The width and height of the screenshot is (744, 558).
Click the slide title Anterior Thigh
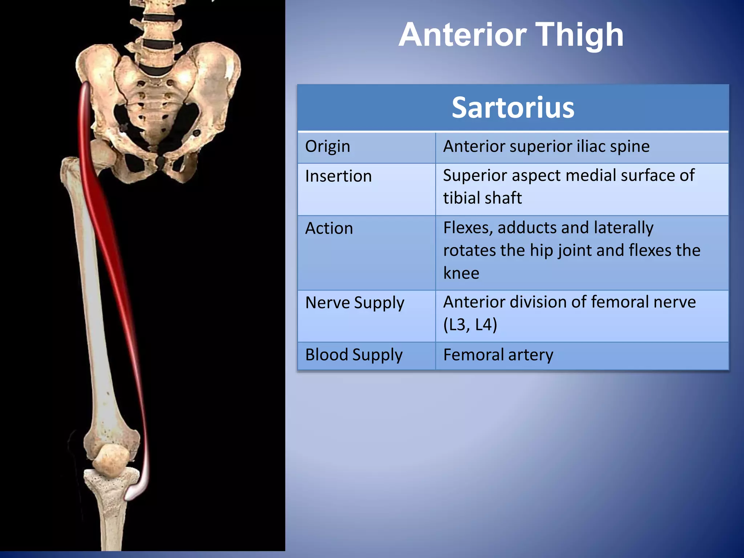[x=511, y=35]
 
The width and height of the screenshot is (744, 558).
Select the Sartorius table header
[x=513, y=108]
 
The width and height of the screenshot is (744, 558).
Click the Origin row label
[x=328, y=146]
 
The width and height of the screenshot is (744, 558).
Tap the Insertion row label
[x=338, y=176]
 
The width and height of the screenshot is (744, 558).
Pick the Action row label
[x=329, y=229]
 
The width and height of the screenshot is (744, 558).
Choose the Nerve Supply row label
[x=355, y=303]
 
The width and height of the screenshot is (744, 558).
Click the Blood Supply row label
[x=354, y=355]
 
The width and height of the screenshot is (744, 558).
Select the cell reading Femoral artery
[x=498, y=355]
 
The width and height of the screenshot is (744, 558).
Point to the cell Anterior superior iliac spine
[x=546, y=146]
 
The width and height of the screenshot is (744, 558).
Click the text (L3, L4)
[x=470, y=325]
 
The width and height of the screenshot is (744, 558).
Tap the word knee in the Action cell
[x=461, y=273]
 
